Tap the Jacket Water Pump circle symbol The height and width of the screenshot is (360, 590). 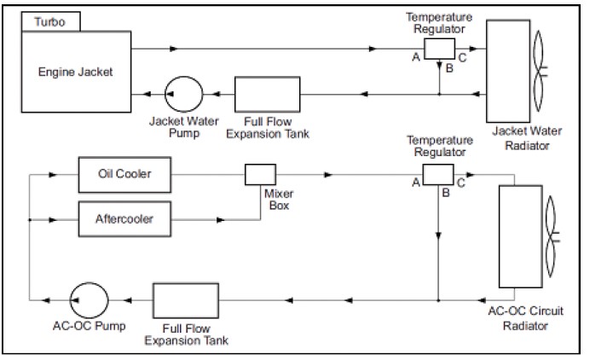click(x=182, y=91)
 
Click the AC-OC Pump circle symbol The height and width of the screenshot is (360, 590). click(x=88, y=299)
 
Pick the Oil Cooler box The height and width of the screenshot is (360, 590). click(x=125, y=174)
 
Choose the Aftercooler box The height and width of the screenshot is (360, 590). click(x=125, y=218)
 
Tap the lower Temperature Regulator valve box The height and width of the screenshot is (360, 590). click(x=439, y=175)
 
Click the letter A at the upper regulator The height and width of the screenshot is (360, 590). click(x=415, y=57)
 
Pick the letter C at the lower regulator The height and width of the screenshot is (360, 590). click(x=461, y=183)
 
